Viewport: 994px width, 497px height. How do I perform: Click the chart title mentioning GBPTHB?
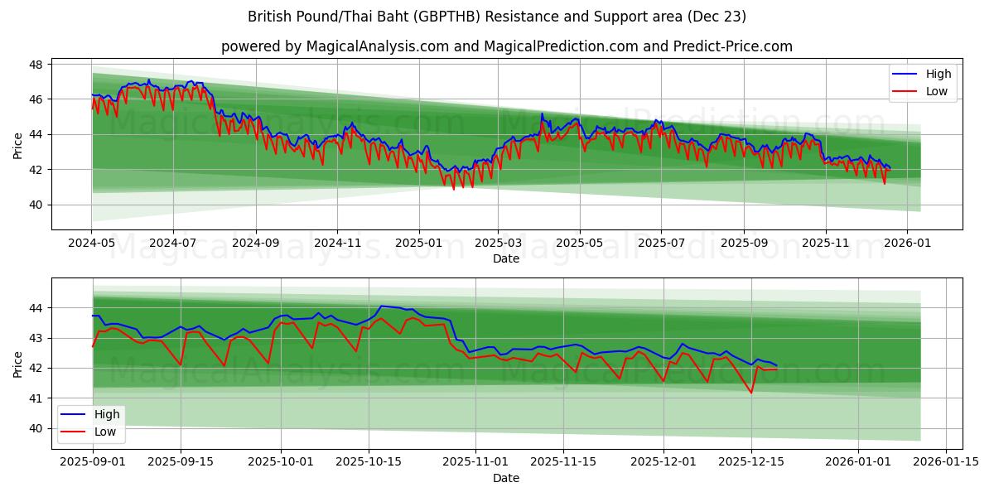[x=497, y=17]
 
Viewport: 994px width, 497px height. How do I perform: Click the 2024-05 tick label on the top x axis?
[x=91, y=244]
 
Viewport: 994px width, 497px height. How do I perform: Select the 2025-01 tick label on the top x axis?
[x=418, y=244]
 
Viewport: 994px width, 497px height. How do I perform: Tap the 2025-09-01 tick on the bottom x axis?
[x=92, y=462]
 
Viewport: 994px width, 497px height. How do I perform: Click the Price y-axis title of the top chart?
[x=18, y=146]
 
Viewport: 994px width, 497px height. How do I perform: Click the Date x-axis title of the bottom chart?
[x=506, y=478]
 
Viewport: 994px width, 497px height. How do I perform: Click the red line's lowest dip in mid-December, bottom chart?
[x=751, y=393]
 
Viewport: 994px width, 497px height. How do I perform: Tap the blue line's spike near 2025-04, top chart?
[x=542, y=113]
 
